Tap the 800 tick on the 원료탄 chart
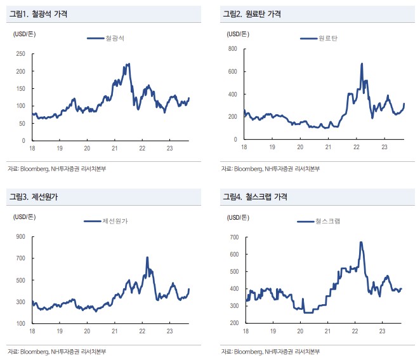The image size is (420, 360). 232,49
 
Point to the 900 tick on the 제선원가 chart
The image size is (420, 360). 20,237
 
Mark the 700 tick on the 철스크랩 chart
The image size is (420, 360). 232,237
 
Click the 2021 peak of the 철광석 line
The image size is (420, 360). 129,63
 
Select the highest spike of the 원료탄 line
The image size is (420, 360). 362,63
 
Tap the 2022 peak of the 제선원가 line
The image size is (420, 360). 147,258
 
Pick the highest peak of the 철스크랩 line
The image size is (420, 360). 361,242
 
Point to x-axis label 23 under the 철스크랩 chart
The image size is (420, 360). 383,330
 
